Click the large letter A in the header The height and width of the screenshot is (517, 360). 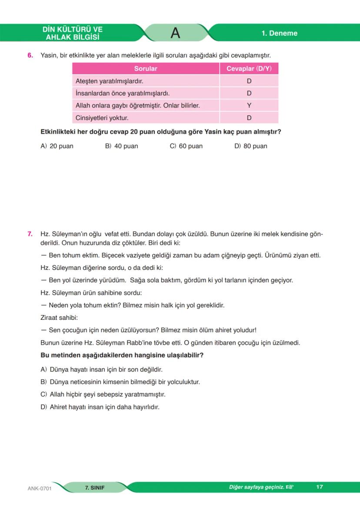pyautogui.click(x=175, y=33)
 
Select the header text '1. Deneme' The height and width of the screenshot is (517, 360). pyautogui.click(x=279, y=34)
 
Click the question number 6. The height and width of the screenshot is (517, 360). pyautogui.click(x=30, y=56)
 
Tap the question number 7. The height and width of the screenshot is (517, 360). pyautogui.click(x=30, y=234)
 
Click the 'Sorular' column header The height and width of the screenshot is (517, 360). pyautogui.click(x=146, y=69)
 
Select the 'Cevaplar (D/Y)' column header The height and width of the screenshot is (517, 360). pyautogui.click(x=249, y=69)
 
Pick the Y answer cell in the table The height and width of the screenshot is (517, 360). pyautogui.click(x=249, y=105)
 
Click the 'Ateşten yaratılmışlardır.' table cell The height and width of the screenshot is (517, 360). pyautogui.click(x=110, y=81)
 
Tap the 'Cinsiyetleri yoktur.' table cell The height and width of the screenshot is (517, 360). pyautogui.click(x=102, y=117)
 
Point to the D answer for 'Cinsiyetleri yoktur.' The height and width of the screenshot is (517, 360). pyautogui.click(x=249, y=117)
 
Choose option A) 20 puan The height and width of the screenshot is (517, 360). pyautogui.click(x=57, y=146)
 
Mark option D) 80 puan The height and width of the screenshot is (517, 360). pyautogui.click(x=251, y=146)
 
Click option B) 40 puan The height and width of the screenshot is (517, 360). pyautogui.click(x=122, y=146)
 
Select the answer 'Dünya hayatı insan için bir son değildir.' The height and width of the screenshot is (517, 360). pyautogui.click(x=101, y=369)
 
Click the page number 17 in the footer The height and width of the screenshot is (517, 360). pyautogui.click(x=320, y=487)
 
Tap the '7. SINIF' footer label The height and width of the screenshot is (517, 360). pyautogui.click(x=95, y=487)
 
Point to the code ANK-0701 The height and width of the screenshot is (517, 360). pyautogui.click(x=40, y=488)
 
